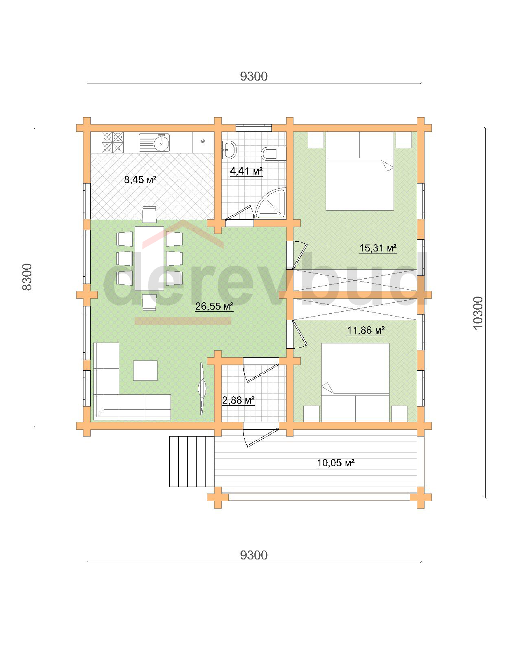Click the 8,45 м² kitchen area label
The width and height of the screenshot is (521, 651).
pyautogui.click(x=140, y=180)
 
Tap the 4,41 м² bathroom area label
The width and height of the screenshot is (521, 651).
pyautogui.click(x=246, y=171)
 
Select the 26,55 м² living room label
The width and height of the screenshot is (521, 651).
pyautogui.click(x=214, y=306)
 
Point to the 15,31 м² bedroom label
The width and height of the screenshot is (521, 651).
pyautogui.click(x=378, y=248)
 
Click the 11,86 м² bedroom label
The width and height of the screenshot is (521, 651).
pyautogui.click(x=366, y=330)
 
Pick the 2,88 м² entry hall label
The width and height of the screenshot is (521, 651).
pyautogui.click(x=238, y=400)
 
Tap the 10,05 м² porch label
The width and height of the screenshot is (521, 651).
pyautogui.click(x=335, y=463)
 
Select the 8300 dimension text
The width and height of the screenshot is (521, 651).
pyautogui.click(x=27, y=277)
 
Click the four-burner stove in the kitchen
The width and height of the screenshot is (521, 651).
pyautogui.click(x=113, y=142)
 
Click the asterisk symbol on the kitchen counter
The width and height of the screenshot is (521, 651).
pyautogui.click(x=203, y=141)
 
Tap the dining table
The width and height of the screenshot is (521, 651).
pyautogui.click(x=149, y=259)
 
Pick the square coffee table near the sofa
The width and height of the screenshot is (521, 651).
pyautogui.click(x=145, y=371)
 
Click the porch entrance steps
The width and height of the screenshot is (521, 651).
pyautogui.click(x=192, y=462)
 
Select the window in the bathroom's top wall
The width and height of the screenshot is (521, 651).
pyautogui.click(x=254, y=128)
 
